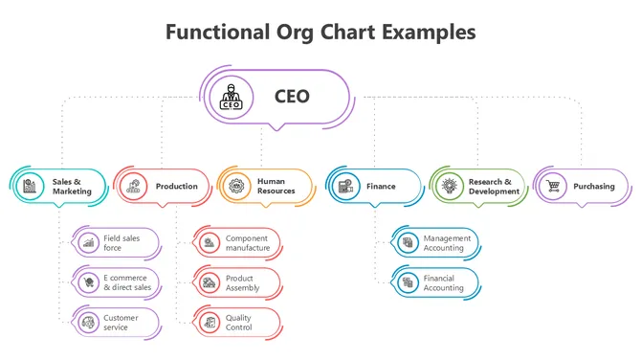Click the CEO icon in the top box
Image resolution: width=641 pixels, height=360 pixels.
pyautogui.click(x=232, y=97)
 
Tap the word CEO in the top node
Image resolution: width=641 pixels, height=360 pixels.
pyautogui.click(x=292, y=97)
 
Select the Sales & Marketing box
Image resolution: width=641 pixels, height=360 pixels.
pyautogui.click(x=59, y=187)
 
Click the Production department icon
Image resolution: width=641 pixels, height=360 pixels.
pyautogui.click(x=133, y=187)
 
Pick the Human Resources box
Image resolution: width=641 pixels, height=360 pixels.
pyautogui.click(x=266, y=187)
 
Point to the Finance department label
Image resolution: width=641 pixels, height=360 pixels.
pyautogui.click(x=381, y=187)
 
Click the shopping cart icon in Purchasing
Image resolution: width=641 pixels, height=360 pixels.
pyautogui.click(x=553, y=187)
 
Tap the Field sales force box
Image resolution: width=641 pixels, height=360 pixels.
pyautogui.click(x=118, y=242)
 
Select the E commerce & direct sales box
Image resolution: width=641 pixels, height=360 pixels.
pyautogui.click(x=118, y=282)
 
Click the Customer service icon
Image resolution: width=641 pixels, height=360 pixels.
pyautogui.click(x=89, y=323)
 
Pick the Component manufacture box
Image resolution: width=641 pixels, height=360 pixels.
pyautogui.click(x=238, y=242)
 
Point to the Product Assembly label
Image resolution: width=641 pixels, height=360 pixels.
pyautogui.click(x=243, y=282)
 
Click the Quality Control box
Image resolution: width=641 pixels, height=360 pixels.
pyautogui.click(x=238, y=323)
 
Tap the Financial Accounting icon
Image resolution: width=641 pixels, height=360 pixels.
pyautogui.click(x=408, y=282)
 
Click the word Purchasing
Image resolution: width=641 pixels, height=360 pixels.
pyautogui.click(x=594, y=187)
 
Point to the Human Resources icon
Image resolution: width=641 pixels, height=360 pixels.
pyautogui.click(x=234, y=187)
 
